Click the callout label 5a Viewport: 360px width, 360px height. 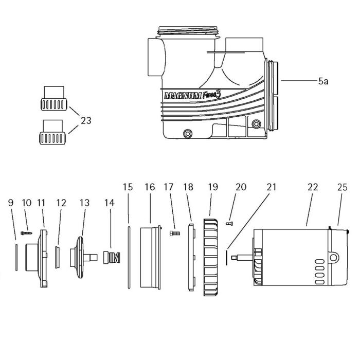[x=323, y=81]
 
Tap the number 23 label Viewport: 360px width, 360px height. [x=86, y=121]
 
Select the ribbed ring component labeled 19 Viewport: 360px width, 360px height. [x=212, y=258]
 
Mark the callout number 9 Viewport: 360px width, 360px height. [x=11, y=203]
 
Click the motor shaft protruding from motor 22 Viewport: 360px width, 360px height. [x=242, y=256]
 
